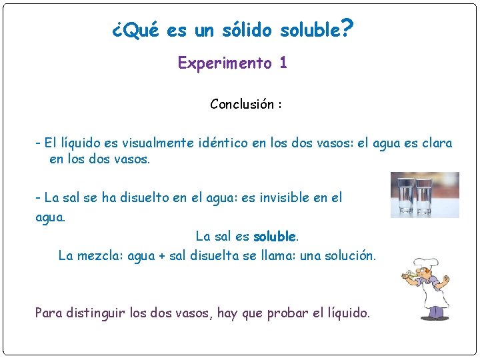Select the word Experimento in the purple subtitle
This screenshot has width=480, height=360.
(x=225, y=63)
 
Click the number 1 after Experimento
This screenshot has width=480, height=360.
(x=283, y=63)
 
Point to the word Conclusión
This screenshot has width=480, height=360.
(x=241, y=104)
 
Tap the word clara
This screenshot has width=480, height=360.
(x=436, y=143)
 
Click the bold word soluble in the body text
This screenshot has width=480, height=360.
(x=275, y=237)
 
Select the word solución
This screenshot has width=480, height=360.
(x=351, y=255)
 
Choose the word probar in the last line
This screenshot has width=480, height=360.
(x=288, y=313)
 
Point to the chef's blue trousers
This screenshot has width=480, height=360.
(x=437, y=311)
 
